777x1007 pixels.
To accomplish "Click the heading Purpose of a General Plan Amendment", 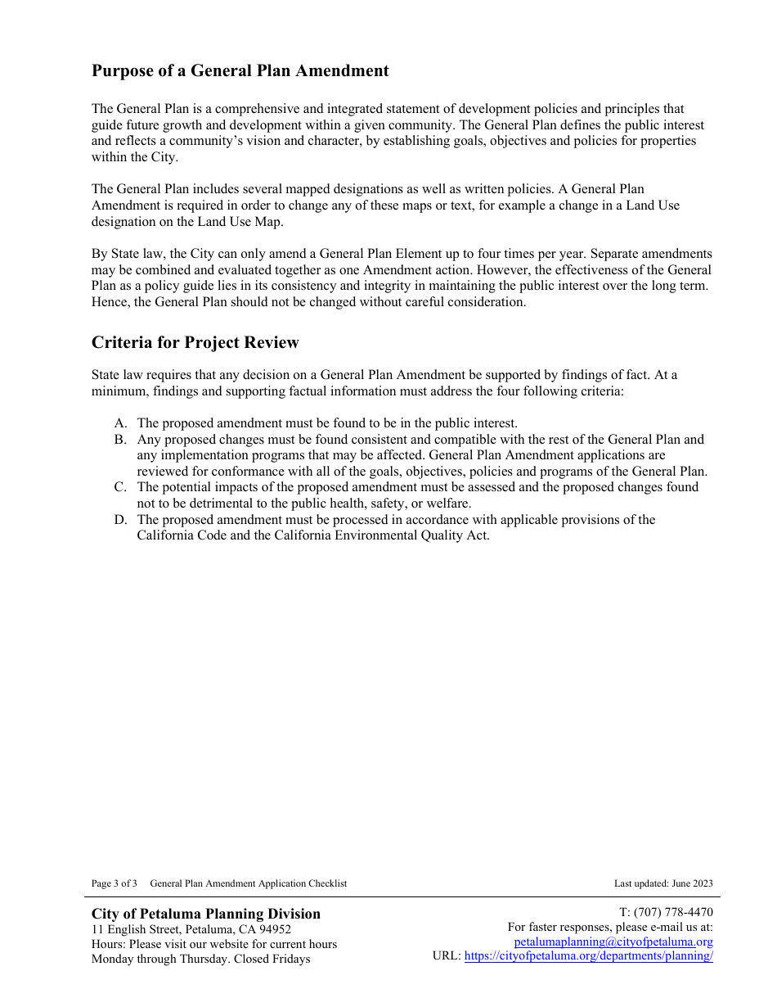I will (x=240, y=71).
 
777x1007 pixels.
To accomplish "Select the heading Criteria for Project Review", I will (x=195, y=343).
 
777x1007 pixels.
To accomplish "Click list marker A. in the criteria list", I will (x=120, y=423).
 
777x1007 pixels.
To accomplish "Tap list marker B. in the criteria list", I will (x=120, y=440).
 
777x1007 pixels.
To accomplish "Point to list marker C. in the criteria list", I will (x=120, y=487).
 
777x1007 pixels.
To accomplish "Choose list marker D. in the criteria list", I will (x=120, y=520).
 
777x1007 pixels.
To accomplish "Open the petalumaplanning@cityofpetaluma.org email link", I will (x=613, y=942).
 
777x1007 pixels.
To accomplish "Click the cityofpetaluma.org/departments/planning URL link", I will (x=588, y=956).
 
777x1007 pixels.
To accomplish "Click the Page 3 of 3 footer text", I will (x=114, y=883).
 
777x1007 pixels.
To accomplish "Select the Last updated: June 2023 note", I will (x=662, y=883).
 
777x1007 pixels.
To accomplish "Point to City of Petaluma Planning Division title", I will (x=205, y=914).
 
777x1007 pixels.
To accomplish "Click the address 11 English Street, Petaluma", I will (x=163, y=929).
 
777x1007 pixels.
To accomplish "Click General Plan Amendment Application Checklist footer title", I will (x=248, y=883).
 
